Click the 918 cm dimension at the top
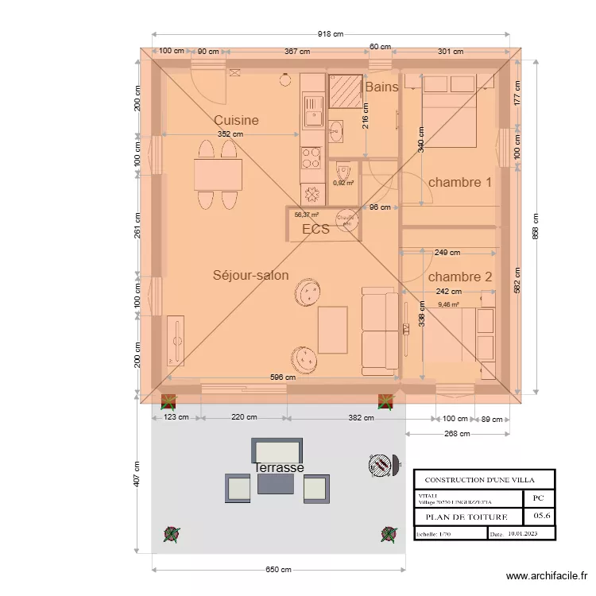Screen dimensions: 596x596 coord(331,34)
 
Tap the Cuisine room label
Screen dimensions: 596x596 coord(236,120)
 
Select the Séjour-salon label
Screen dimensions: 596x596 coord(250,275)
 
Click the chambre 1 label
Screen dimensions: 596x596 coord(460,182)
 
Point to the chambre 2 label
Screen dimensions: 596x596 coord(460,277)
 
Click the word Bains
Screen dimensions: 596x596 coord(381,87)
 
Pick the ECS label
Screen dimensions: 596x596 coord(315,230)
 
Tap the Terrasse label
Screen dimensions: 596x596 coord(279,468)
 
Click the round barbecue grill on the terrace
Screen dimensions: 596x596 coord(381,464)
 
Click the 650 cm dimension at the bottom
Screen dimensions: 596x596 coord(278,570)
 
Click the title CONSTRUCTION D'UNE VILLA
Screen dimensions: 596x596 coord(479,480)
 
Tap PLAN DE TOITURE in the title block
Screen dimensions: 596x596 coord(465,517)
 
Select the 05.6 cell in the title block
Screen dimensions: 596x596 coord(539,517)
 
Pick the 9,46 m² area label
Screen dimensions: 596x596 coord(449,304)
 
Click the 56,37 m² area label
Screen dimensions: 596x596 coord(306,215)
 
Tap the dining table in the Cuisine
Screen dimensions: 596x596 coord(218,175)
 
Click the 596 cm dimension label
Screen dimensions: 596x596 coord(282,377)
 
